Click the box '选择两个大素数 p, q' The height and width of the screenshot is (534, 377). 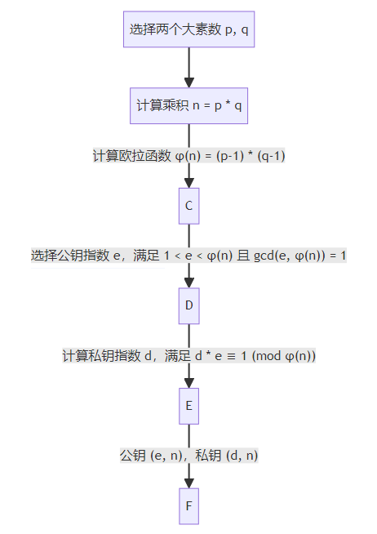188,29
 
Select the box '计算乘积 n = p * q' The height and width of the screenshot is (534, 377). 188,105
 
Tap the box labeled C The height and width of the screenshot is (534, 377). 188,206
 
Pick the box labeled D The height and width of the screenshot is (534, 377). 188,306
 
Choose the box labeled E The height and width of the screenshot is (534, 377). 188,406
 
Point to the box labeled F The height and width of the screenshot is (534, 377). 188,506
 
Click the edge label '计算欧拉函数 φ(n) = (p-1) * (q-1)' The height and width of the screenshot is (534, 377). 188,156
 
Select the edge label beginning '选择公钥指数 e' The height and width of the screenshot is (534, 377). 188,256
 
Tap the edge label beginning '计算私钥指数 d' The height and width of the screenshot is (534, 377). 188,356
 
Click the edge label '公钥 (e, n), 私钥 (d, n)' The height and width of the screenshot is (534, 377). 188,456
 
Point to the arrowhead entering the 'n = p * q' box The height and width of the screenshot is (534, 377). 188,82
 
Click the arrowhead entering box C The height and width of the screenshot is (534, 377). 188,183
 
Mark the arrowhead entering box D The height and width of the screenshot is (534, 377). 188,283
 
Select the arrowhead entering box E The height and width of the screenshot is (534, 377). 188,383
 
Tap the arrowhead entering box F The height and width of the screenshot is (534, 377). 188,483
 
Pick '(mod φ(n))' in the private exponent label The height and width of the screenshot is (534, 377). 284,356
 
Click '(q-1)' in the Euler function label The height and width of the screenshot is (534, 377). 271,156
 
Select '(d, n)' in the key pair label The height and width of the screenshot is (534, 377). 242,456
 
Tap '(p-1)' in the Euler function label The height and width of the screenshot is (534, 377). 230,156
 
